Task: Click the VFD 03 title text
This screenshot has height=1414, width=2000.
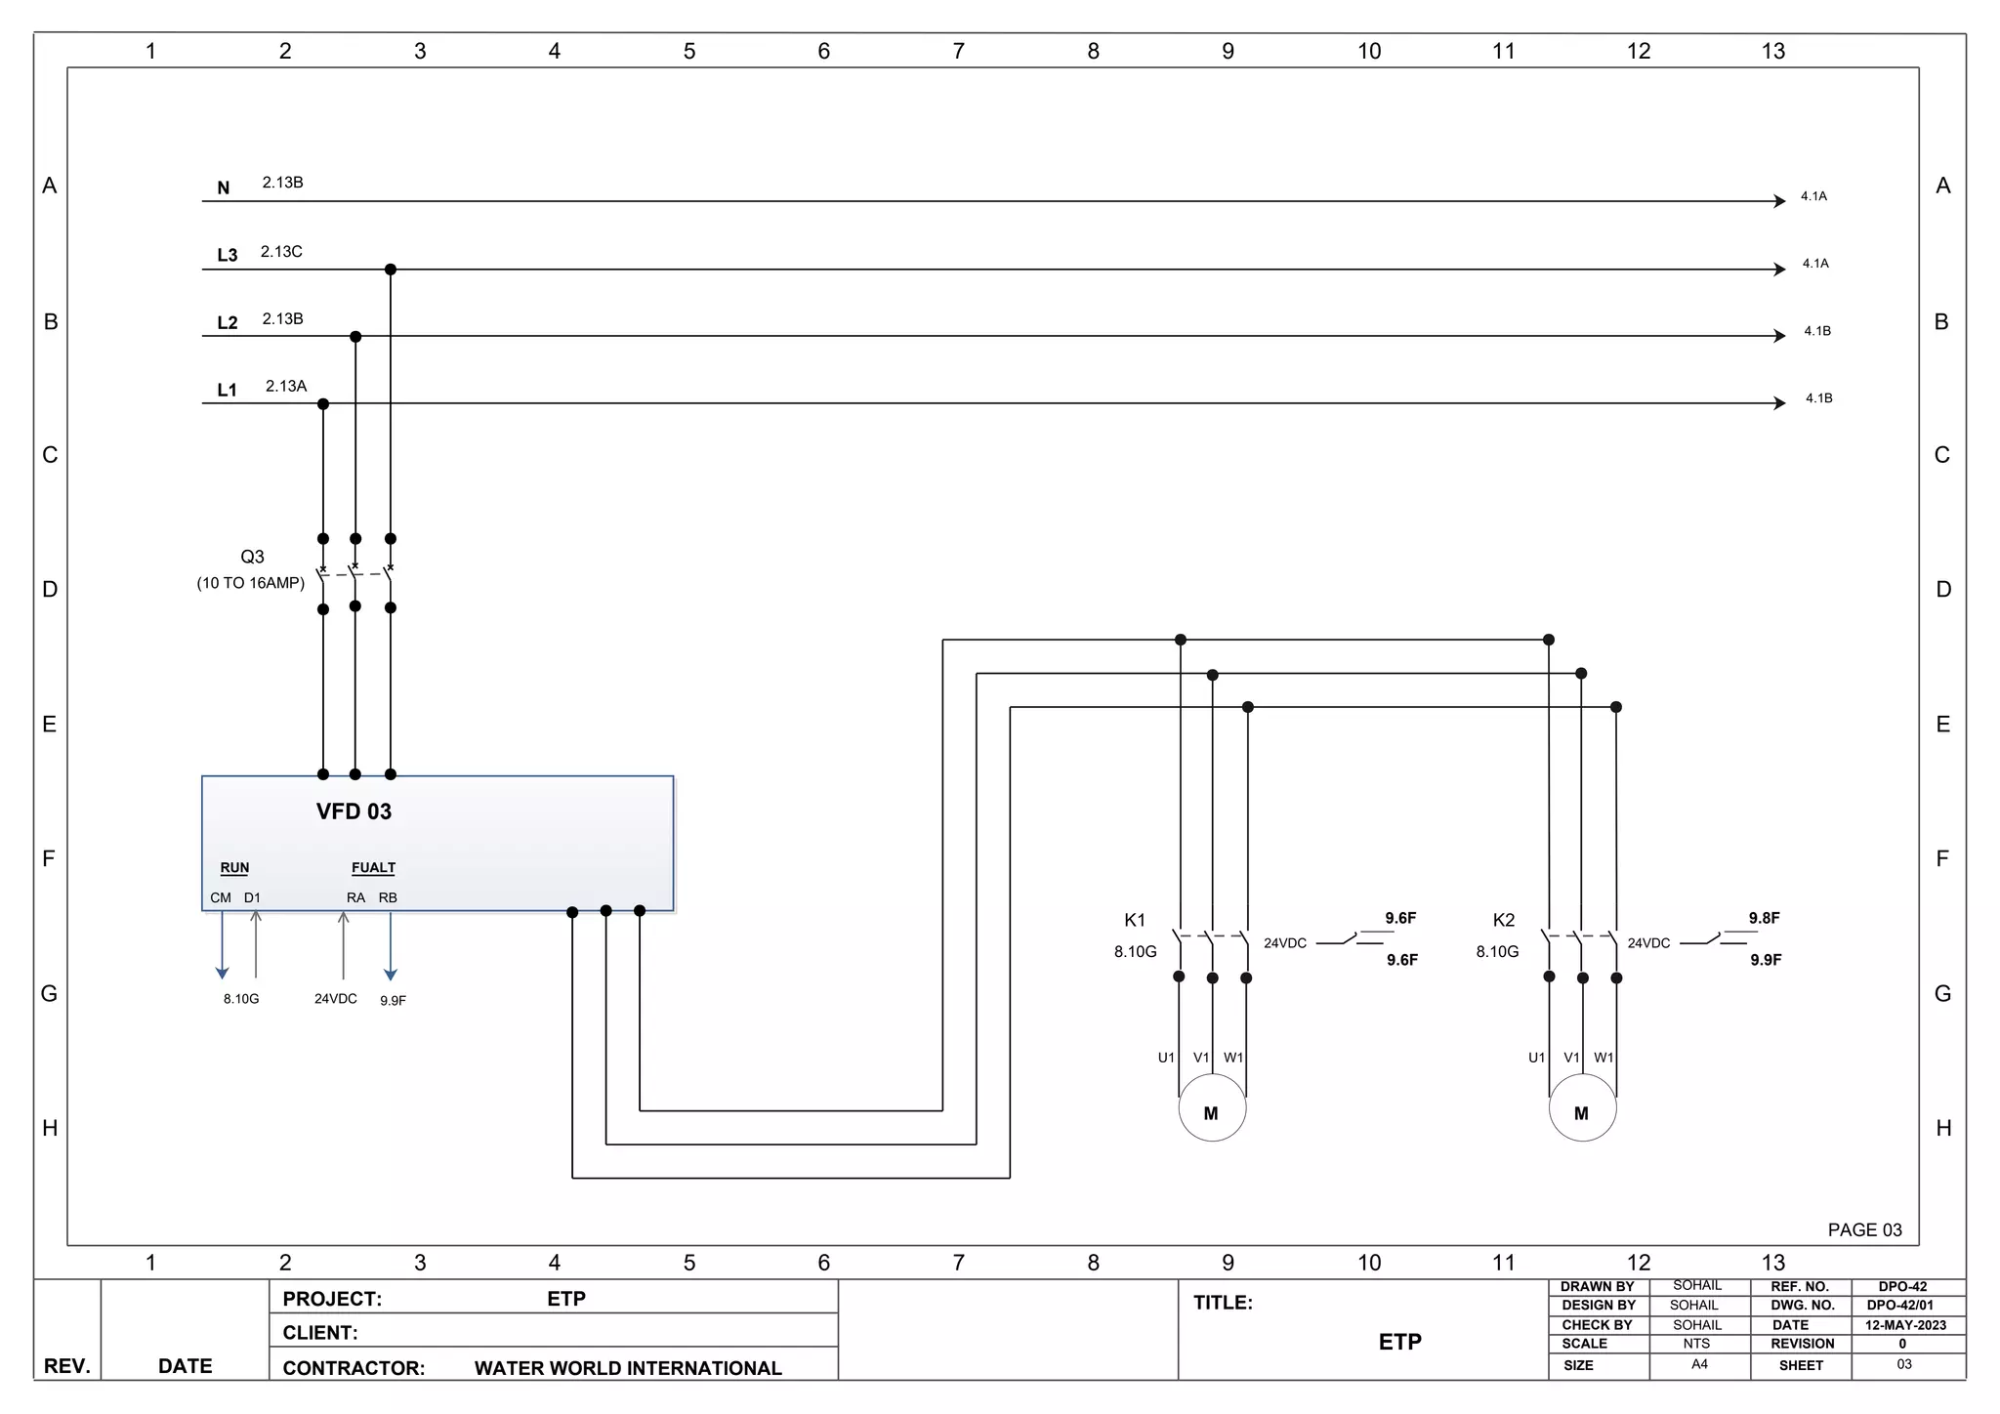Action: (x=354, y=811)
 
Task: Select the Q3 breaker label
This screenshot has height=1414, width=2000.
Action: (x=252, y=557)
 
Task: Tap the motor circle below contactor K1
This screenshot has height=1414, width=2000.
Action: (x=1212, y=1108)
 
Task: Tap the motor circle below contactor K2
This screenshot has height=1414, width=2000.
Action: (x=1582, y=1108)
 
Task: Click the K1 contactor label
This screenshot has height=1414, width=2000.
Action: (x=1135, y=920)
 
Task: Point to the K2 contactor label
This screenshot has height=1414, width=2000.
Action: (x=1504, y=920)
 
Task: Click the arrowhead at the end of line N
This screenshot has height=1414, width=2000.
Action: (x=1780, y=201)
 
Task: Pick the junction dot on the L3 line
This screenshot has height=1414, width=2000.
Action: (x=391, y=270)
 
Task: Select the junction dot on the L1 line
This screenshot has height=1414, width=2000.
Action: (x=323, y=404)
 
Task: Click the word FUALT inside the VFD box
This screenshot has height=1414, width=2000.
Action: (x=373, y=867)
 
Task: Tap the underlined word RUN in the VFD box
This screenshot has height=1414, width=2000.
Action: (x=234, y=867)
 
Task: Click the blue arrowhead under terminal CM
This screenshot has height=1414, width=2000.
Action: (x=223, y=973)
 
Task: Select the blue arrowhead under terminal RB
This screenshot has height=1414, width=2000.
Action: (x=391, y=974)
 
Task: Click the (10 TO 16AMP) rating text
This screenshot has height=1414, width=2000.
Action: (x=251, y=583)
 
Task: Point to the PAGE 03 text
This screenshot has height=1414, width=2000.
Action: (x=1864, y=1229)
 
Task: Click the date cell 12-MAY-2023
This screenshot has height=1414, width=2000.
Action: (x=1905, y=1325)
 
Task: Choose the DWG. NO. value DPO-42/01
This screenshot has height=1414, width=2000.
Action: (x=1899, y=1305)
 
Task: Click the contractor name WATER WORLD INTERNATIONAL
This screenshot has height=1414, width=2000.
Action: (x=628, y=1368)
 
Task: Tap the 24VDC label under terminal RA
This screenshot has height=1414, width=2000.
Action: (x=335, y=999)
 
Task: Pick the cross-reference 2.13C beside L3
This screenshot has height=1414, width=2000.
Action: (x=281, y=252)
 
